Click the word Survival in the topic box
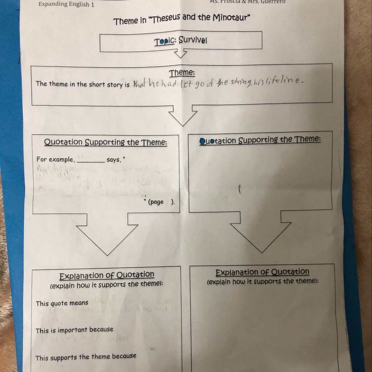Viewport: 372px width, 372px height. tap(193, 40)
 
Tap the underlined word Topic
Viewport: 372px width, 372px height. tap(164, 41)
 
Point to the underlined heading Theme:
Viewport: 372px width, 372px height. tap(182, 73)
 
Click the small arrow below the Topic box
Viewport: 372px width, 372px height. tap(181, 53)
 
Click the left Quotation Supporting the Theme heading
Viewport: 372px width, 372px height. tap(105, 142)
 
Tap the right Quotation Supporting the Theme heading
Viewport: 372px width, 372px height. tap(260, 140)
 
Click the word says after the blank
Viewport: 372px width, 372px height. tap(113, 160)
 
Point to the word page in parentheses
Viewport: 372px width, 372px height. tap(156, 202)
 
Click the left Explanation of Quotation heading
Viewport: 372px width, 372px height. tap(106, 275)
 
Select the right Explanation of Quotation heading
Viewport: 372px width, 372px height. tap(262, 272)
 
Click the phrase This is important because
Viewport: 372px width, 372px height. tap(74, 330)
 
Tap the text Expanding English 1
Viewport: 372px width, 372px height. tap(66, 4)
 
